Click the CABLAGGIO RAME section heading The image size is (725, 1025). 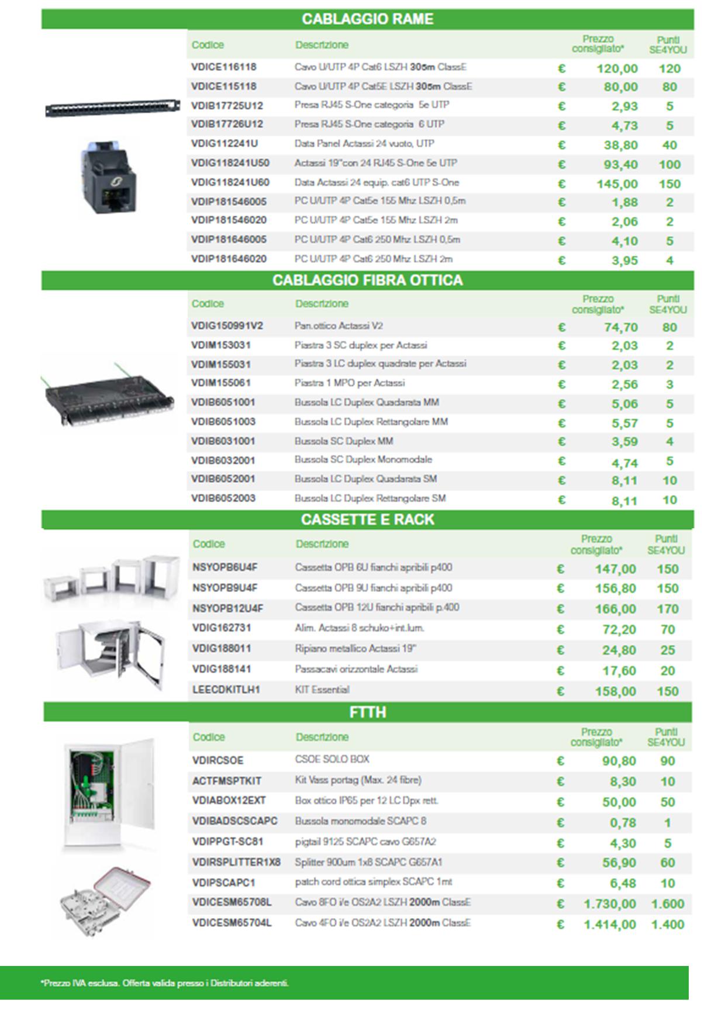tap(367, 19)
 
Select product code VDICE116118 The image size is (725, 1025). tap(223, 67)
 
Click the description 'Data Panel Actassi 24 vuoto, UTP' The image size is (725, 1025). tap(364, 144)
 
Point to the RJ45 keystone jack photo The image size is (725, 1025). tap(109, 177)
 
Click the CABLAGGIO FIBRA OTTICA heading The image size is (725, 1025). tap(367, 281)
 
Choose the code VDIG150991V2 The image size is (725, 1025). tap(227, 326)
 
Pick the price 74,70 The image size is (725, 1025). tap(620, 327)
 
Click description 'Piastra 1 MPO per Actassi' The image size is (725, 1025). tap(349, 383)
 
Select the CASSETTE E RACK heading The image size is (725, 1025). tap(367, 520)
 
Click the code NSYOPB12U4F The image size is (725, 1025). tap(227, 608)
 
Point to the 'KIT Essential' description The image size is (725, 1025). tap(322, 690)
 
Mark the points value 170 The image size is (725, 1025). tap(667, 609)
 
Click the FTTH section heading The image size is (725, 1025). tap(367, 712)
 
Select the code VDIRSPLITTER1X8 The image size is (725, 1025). tap(236, 863)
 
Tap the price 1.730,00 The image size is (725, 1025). tap(609, 904)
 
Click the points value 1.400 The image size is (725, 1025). tap(667, 924)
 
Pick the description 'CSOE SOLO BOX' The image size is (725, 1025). tap(332, 760)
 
